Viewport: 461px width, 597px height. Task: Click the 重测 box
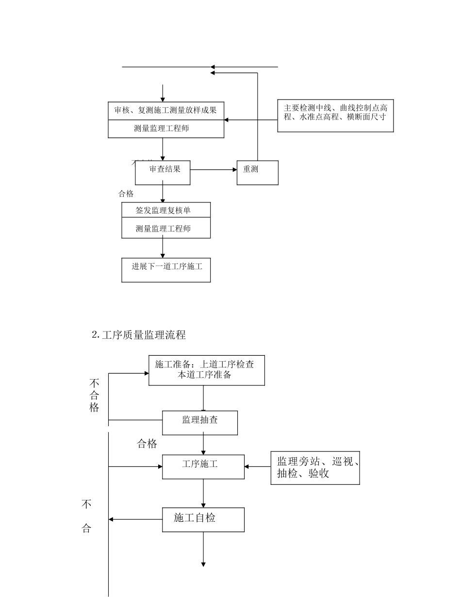click(257, 172)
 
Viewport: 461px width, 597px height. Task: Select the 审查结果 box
click(163, 172)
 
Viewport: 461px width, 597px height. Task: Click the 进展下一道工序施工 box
click(166, 270)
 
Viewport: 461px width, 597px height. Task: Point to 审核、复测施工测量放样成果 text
click(165, 110)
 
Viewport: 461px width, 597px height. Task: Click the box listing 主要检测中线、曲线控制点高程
click(335, 116)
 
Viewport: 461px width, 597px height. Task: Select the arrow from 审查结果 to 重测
click(214, 170)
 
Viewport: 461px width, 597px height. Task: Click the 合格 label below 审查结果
click(126, 194)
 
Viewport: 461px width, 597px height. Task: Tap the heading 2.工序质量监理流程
click(139, 335)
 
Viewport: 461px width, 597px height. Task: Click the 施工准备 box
click(206, 370)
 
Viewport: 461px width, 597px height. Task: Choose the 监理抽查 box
click(200, 423)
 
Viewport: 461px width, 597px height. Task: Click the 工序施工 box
click(203, 466)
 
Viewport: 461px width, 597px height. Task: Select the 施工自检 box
click(203, 519)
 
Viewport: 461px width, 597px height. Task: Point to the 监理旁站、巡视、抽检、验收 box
click(315, 467)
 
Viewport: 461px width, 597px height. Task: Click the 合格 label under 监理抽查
click(147, 444)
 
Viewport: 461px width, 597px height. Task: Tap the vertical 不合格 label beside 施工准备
click(94, 395)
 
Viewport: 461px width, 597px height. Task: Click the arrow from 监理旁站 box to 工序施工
click(257, 467)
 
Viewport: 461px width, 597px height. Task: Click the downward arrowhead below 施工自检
click(203, 564)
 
